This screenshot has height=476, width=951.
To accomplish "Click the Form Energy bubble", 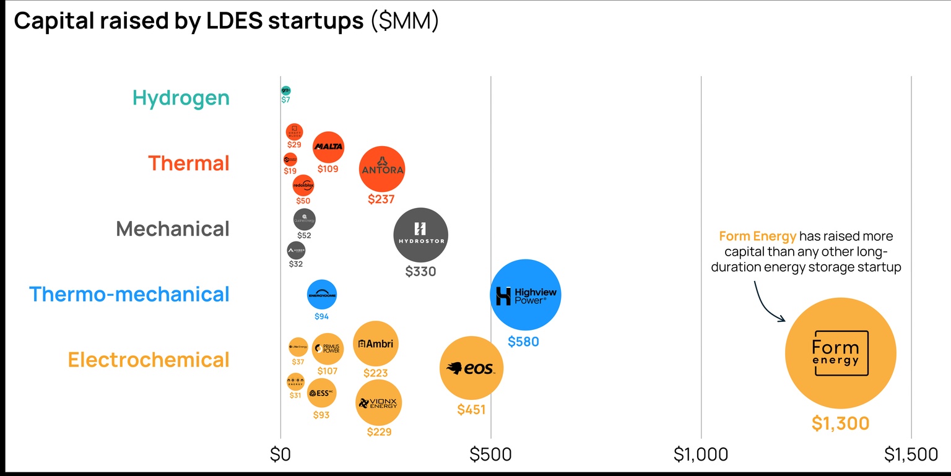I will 840,353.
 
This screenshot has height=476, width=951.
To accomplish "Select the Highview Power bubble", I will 525,295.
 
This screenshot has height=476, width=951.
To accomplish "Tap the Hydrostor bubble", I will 420,235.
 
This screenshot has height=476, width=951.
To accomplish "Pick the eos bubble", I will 471,368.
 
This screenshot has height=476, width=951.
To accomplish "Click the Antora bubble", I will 382,169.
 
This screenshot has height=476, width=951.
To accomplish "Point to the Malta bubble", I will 328,147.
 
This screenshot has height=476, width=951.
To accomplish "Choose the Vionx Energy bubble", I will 378,402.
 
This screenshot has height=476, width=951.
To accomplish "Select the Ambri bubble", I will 375,344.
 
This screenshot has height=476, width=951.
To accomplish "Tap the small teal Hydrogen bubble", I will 285,90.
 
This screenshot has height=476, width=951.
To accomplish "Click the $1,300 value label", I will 840,423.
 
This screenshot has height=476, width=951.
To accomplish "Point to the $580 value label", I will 523,341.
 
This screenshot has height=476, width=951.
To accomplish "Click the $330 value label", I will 420,271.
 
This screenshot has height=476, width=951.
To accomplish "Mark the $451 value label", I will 471,409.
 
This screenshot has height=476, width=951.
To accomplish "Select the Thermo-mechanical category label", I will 129,294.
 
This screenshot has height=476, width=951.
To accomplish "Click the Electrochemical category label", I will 149,360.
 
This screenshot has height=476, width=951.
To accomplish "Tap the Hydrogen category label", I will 181,98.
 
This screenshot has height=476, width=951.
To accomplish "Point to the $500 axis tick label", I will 490,455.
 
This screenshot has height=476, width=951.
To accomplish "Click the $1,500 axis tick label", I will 911,455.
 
